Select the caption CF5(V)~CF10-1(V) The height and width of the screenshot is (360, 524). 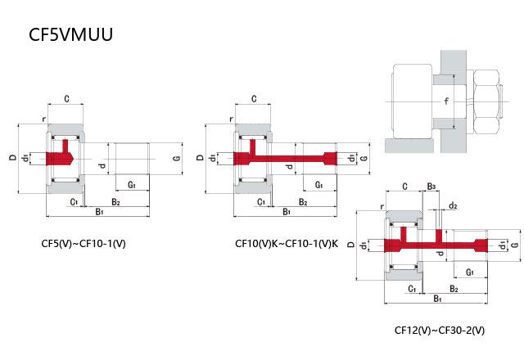pyautogui.click(x=87, y=243)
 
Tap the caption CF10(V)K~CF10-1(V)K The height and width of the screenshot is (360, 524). pyautogui.click(x=286, y=243)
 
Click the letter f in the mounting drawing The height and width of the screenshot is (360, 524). pyautogui.click(x=446, y=101)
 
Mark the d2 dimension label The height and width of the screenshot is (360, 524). pyautogui.click(x=453, y=205)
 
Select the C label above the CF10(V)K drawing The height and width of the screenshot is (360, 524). pyautogui.click(x=254, y=99)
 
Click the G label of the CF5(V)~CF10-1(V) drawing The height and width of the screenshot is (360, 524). pyautogui.click(x=176, y=157)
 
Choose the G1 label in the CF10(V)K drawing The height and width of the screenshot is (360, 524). pyautogui.click(x=318, y=186)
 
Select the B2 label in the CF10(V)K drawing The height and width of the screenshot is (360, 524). pyautogui.click(x=303, y=201)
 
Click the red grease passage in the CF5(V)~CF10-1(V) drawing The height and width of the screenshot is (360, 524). pyautogui.click(x=61, y=157)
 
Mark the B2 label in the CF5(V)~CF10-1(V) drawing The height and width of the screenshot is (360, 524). pyautogui.click(x=115, y=201)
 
